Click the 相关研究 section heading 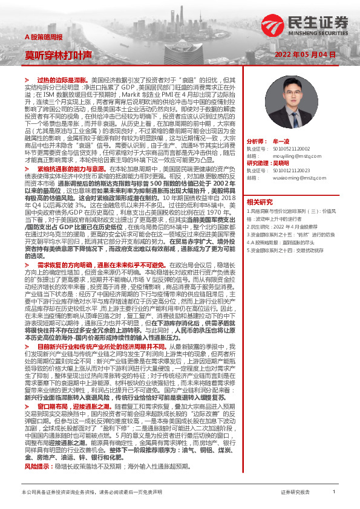[x=260, y=201]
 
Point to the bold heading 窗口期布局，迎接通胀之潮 [x=73, y=407]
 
